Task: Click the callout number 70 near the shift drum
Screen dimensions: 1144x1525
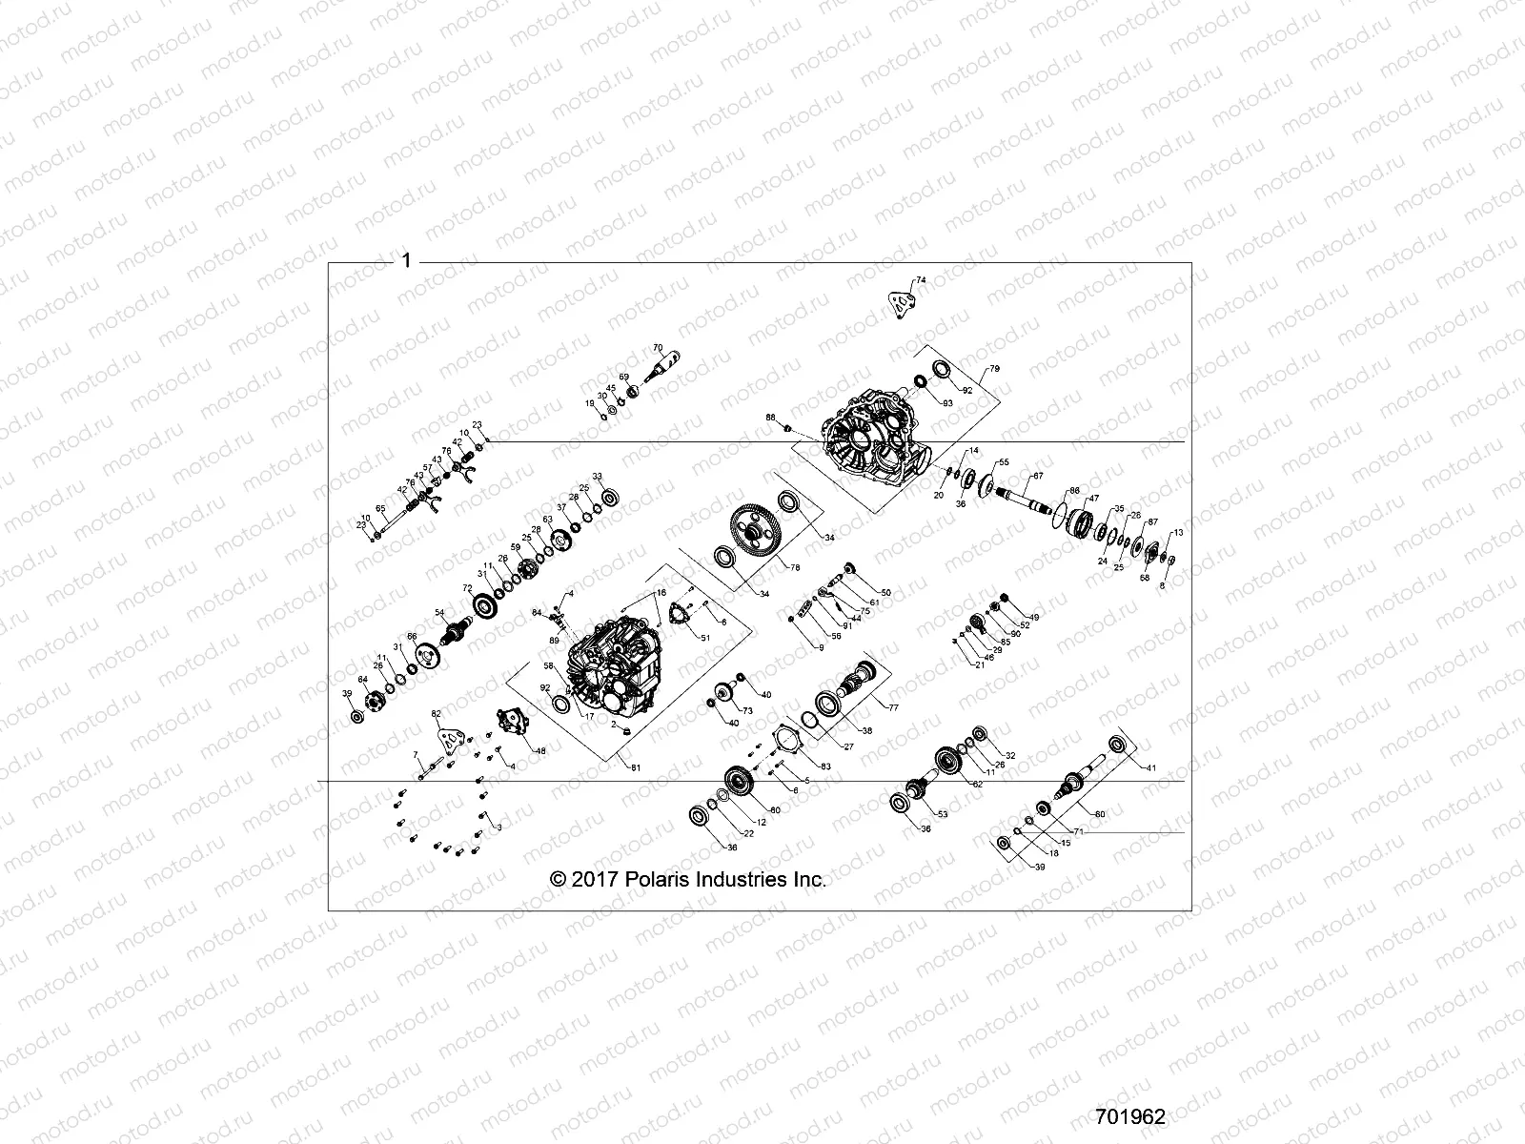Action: pyautogui.click(x=657, y=348)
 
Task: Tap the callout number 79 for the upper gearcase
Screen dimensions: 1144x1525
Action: pyautogui.click(x=994, y=368)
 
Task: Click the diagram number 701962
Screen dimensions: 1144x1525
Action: pyautogui.click(x=1130, y=1116)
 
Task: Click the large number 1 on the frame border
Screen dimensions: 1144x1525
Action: pyautogui.click(x=407, y=260)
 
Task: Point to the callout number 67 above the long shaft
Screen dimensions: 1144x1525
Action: pyautogui.click(x=1038, y=476)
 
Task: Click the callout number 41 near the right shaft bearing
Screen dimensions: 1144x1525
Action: pyautogui.click(x=1150, y=767)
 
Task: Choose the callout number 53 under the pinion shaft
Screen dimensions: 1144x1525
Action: pyautogui.click(x=943, y=814)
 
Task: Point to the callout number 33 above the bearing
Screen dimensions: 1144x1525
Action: pyautogui.click(x=597, y=476)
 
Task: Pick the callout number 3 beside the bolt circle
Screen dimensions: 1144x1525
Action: pyautogui.click(x=498, y=827)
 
